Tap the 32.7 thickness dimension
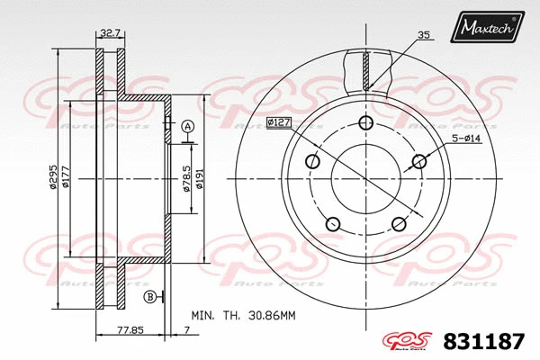tap(110, 34)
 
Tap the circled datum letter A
tap(187, 126)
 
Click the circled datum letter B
tap(149, 296)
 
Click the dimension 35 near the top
tap(422, 36)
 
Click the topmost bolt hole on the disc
tap(364, 123)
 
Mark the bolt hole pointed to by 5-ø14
tap(418, 162)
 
